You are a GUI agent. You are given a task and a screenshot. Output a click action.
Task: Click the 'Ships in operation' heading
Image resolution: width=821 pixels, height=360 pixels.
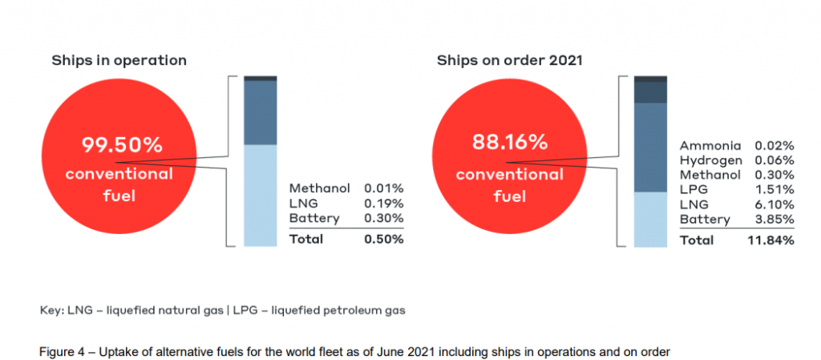tap(119, 60)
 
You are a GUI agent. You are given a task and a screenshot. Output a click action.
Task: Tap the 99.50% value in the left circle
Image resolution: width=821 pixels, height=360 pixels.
tap(122, 145)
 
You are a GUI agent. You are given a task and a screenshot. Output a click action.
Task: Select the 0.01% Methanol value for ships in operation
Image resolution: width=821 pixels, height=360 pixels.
tap(383, 188)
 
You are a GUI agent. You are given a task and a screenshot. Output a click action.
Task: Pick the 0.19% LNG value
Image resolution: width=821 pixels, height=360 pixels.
tap(383, 204)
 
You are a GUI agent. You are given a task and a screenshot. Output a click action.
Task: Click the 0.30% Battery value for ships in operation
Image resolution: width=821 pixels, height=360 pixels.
tap(383, 218)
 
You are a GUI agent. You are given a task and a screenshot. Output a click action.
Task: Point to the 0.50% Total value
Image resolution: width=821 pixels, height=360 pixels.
tap(383, 239)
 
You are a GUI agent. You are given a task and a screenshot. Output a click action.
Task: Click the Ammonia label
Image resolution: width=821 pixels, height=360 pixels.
tap(710, 146)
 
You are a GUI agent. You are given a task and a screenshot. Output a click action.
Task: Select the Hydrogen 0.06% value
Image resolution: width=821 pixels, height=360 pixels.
tap(774, 160)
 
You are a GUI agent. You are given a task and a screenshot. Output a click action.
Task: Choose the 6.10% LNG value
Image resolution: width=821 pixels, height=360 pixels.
tap(774, 204)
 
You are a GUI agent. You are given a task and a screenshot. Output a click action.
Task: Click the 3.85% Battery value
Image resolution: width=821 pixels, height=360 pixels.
tap(774, 219)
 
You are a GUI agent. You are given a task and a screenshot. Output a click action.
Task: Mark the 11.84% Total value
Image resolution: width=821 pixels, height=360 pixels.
tap(771, 240)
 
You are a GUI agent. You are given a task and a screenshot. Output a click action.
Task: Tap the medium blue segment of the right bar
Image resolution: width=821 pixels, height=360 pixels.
tap(649, 148)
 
